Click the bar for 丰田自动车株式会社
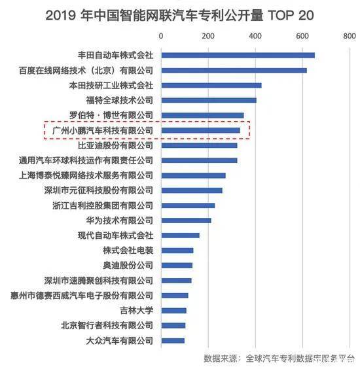pos(238,55)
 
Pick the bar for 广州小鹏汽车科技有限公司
pos(200,130)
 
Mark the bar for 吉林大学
pos(173,310)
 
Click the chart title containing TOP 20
pos(181,14)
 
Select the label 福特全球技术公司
pos(119,100)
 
